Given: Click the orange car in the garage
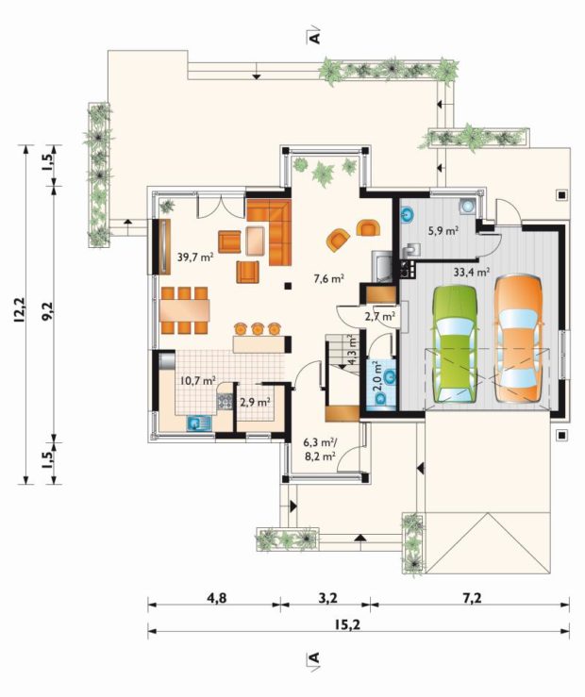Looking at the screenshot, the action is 519,338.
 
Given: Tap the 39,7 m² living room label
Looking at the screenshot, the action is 195,257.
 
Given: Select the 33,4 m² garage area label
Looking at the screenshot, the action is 472,272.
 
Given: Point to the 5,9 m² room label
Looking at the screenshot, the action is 443,231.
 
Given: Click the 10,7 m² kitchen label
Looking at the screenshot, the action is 198,380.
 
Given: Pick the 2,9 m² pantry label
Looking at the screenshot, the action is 255,403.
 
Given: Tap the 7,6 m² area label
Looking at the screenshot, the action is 329,279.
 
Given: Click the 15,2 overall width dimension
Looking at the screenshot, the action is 347,624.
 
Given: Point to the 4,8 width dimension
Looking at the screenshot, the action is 216,598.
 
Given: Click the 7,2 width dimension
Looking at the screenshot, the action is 472,598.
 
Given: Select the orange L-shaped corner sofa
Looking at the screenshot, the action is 269,232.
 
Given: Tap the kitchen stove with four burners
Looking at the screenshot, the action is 225,402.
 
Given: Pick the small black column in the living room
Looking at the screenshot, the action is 288,287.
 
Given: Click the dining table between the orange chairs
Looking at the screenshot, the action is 185,310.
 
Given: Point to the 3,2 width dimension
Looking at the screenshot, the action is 328,598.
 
